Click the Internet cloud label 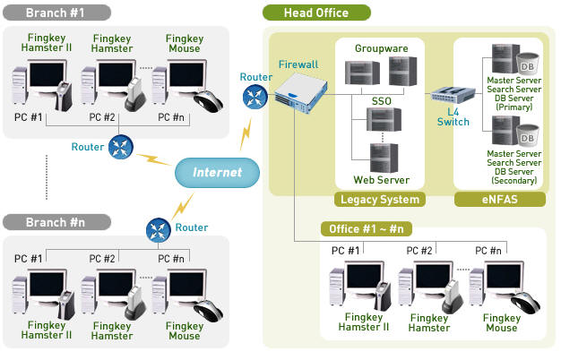point(218,171)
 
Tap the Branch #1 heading point(55,13)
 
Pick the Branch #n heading point(55,221)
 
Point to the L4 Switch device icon point(453,94)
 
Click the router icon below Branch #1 point(120,147)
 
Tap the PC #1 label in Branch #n point(28,259)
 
